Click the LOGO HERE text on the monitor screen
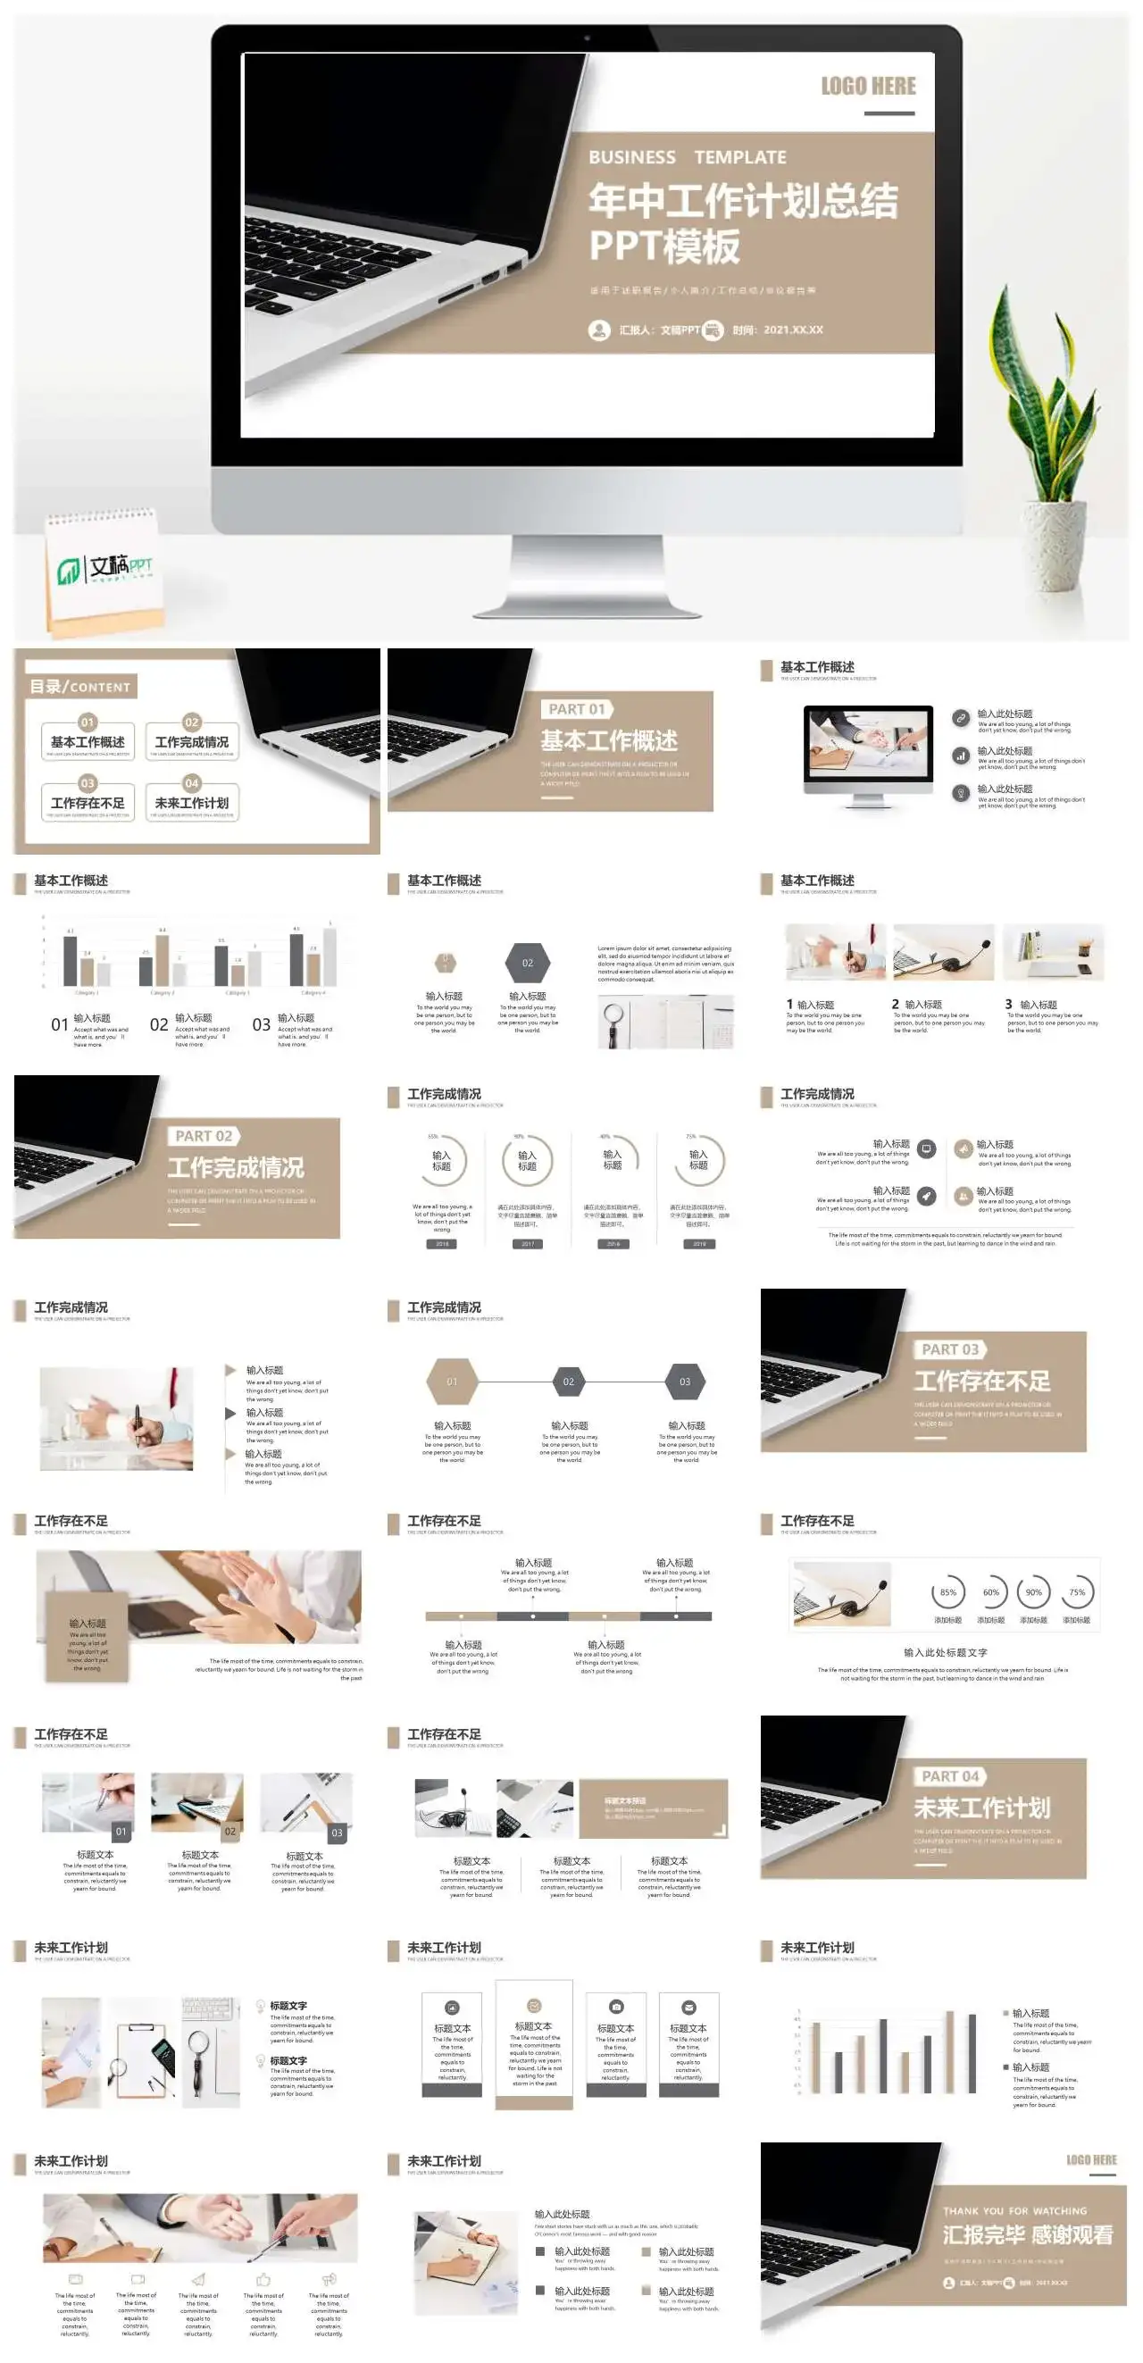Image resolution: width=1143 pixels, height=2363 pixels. pos(868,87)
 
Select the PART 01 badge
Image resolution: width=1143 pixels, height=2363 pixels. pos(577,709)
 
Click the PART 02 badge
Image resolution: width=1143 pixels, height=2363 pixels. pos(204,1136)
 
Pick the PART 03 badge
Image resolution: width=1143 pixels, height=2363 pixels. pos(950,1349)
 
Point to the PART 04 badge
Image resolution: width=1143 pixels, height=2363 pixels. pos(950,1776)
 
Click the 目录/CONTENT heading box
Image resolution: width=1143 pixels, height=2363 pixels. pos(80,686)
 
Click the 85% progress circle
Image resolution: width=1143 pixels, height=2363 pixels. pos(947,1592)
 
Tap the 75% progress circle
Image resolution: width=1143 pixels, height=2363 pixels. pos(1077,1592)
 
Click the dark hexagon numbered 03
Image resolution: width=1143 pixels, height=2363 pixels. pos(684,1382)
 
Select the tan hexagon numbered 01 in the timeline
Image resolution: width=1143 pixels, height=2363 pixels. pos(451,1382)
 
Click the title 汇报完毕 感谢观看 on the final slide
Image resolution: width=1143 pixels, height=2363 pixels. pos(1028,2235)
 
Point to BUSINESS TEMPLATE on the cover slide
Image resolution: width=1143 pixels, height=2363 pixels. pos(687,158)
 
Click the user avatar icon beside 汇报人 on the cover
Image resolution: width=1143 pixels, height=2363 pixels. pos(599,330)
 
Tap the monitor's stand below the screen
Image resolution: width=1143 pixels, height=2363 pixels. pos(586,569)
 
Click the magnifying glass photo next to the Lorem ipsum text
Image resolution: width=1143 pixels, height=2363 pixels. pos(665,1020)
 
